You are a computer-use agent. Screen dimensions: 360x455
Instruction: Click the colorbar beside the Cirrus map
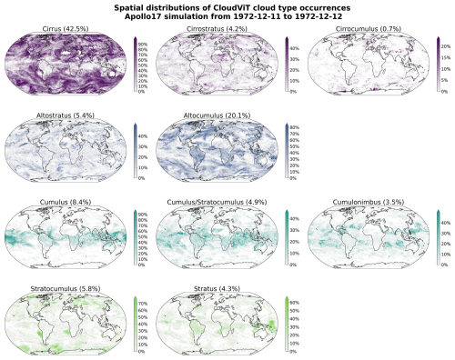pyautogui.click(x=135, y=65)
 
